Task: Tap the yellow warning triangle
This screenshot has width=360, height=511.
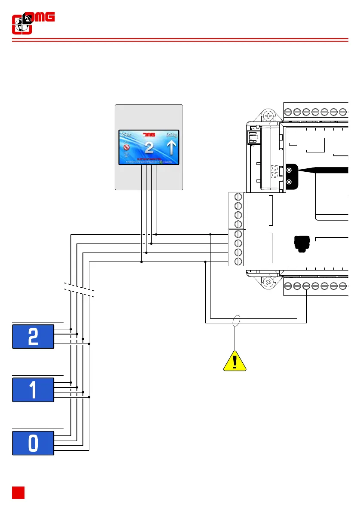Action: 235,362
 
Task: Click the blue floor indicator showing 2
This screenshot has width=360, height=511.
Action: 33,337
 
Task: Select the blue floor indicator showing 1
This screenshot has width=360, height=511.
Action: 33,390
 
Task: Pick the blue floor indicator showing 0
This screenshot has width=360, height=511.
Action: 33,443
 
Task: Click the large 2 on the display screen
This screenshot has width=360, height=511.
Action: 149,148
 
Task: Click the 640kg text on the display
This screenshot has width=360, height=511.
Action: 172,134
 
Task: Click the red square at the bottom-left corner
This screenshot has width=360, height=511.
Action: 18,493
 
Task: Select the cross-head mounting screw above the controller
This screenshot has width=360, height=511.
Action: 268,116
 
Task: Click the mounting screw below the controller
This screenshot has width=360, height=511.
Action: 268,282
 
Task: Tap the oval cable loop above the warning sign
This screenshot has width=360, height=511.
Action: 235,321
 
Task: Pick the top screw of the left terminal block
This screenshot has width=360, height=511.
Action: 238,198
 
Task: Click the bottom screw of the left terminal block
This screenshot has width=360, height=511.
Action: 238,261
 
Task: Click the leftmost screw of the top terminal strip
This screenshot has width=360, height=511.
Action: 288,112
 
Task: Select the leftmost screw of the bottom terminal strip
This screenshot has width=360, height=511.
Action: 288,286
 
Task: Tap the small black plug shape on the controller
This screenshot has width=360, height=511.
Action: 300,243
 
